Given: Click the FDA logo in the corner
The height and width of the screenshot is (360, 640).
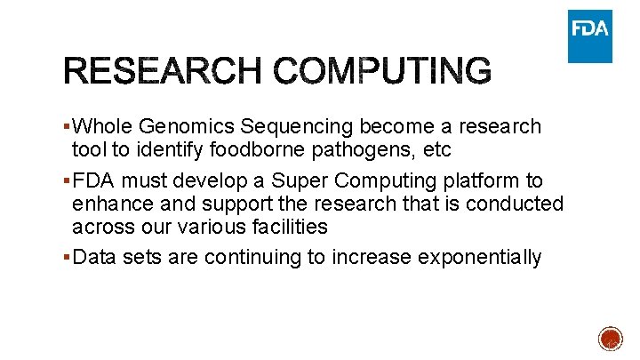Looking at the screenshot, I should click(x=590, y=35).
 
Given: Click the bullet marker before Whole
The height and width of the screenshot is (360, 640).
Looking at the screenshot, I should click(x=68, y=127).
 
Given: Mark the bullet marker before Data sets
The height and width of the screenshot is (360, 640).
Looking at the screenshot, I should click(x=68, y=258).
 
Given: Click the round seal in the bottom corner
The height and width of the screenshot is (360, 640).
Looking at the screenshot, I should click(x=611, y=340).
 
